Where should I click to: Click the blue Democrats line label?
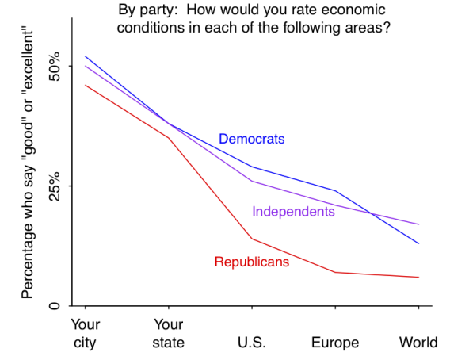click(x=251, y=140)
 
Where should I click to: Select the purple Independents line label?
click(x=293, y=212)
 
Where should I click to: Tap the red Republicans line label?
click(x=251, y=262)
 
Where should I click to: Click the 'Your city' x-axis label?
click(x=85, y=333)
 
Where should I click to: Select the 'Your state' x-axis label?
click(x=167, y=333)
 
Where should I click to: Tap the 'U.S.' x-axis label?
click(x=252, y=343)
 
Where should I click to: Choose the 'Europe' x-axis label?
click(x=335, y=343)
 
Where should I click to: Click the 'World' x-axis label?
click(x=418, y=343)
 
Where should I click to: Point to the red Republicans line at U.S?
click(x=252, y=239)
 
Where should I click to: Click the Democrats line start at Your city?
click(x=85, y=56)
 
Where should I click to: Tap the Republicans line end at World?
click(x=418, y=277)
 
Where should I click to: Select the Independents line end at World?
click(x=418, y=224)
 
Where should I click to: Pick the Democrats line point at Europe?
click(x=335, y=190)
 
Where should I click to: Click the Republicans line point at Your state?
click(x=167, y=138)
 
